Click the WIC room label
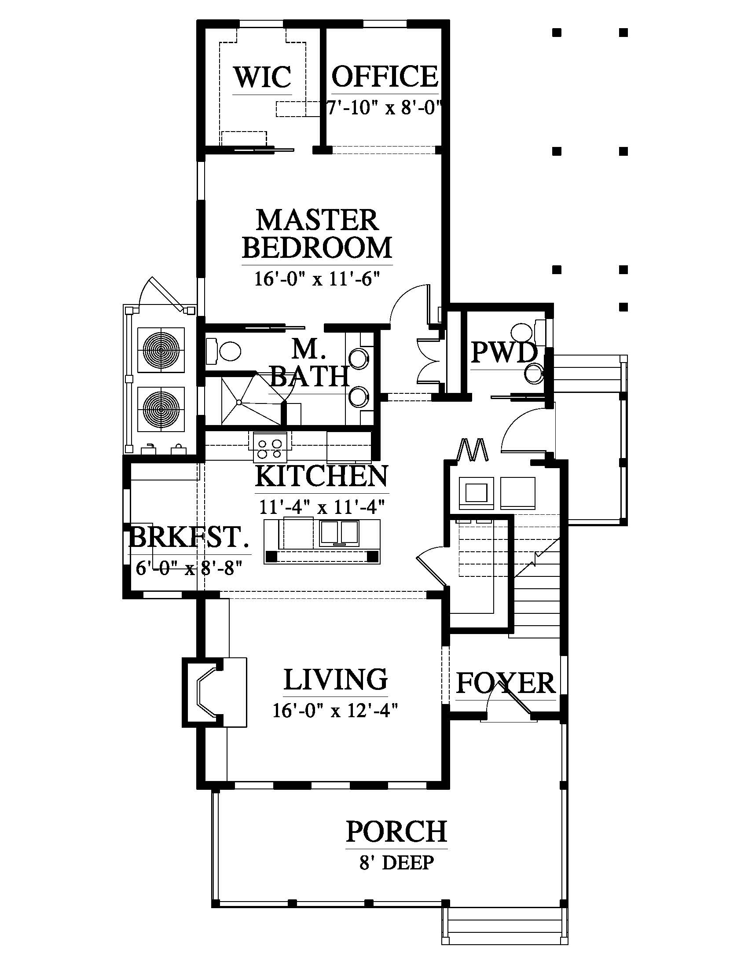click(x=262, y=77)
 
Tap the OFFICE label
click(x=385, y=76)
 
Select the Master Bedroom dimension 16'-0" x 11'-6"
click(x=317, y=279)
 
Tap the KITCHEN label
click(x=322, y=476)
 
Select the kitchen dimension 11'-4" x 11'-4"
click(x=322, y=506)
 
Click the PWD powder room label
click(x=504, y=352)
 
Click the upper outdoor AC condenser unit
click(x=161, y=350)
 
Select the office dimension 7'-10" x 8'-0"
click(x=385, y=108)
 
